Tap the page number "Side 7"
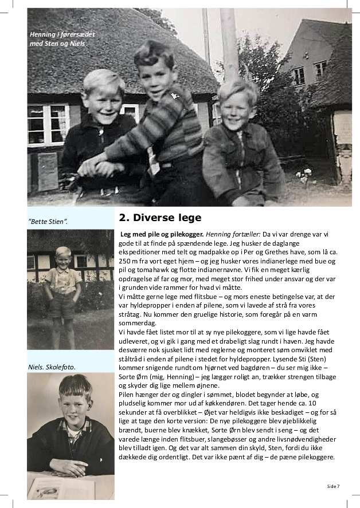334,486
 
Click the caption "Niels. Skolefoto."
52,367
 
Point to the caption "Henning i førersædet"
62,34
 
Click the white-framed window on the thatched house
48,124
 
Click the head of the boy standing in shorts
63,258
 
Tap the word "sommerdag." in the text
136,323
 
